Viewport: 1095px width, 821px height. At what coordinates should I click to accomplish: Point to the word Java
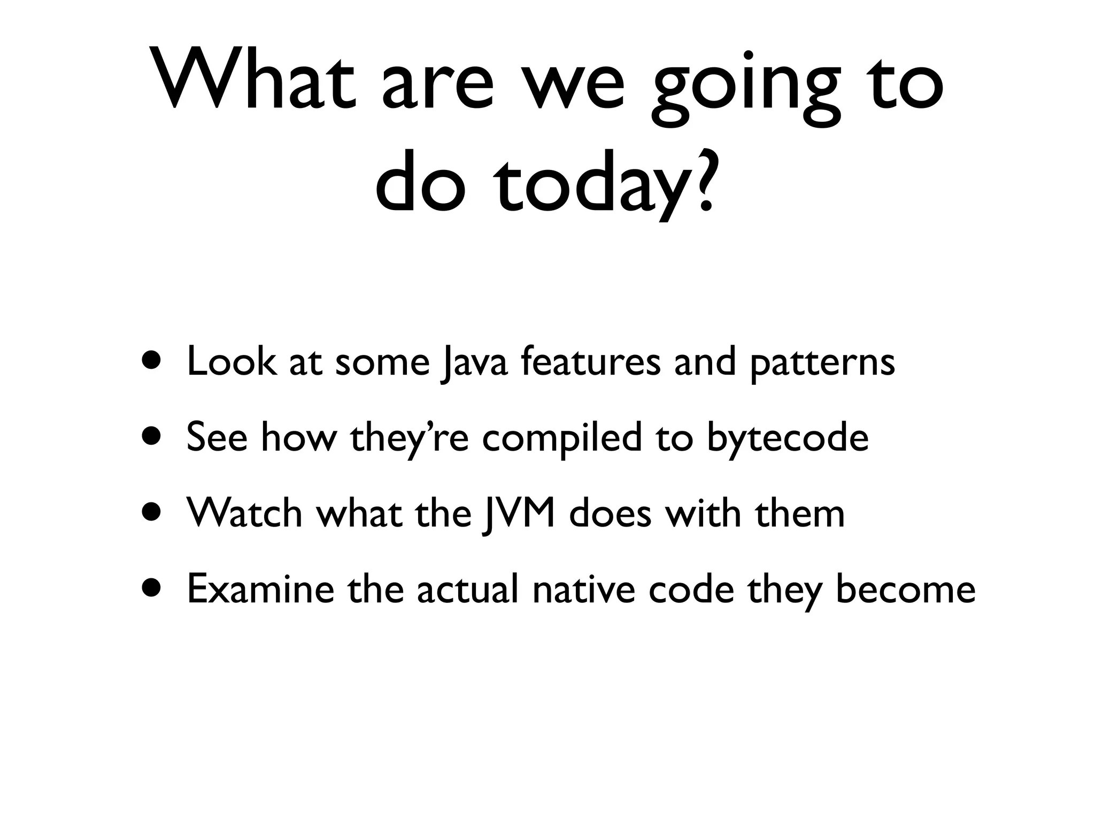coord(473,363)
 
